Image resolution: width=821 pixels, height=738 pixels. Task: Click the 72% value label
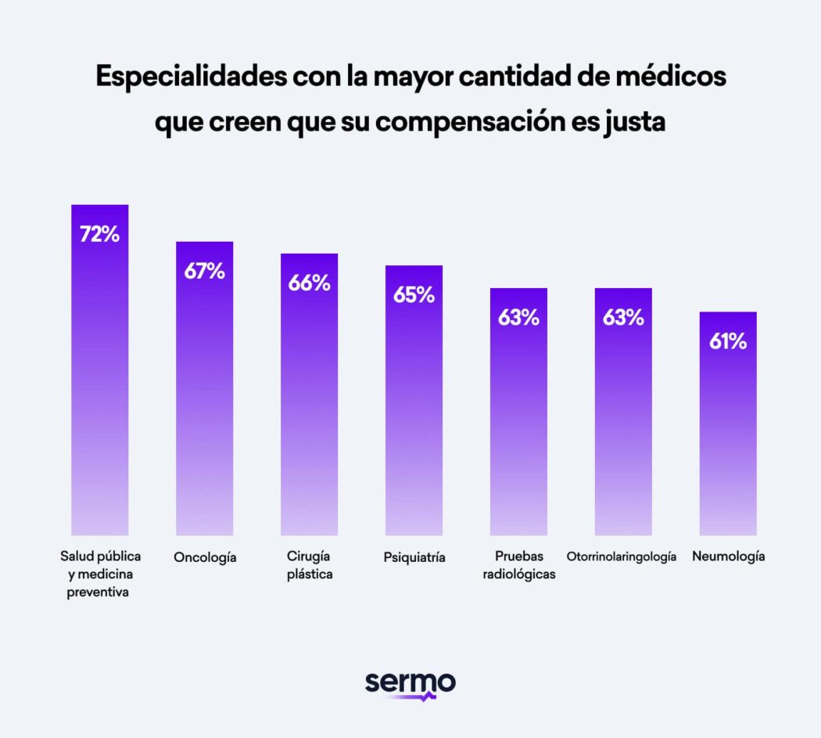pyautogui.click(x=99, y=234)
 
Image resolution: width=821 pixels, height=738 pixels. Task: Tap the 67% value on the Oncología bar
pyautogui.click(x=204, y=271)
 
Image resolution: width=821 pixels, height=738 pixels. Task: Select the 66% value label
pyautogui.click(x=309, y=283)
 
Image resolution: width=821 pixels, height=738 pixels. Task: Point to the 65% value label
pyautogui.click(x=414, y=295)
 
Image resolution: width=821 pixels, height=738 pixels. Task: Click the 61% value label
pyautogui.click(x=727, y=341)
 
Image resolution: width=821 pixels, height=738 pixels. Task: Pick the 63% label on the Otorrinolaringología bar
pyautogui.click(x=623, y=318)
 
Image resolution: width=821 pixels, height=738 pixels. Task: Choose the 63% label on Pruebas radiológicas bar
pyautogui.click(x=518, y=318)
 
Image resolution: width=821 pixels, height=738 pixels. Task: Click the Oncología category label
pyautogui.click(x=205, y=557)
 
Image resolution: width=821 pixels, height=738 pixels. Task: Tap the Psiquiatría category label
pyautogui.click(x=414, y=557)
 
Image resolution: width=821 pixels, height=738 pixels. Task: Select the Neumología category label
pyautogui.click(x=728, y=557)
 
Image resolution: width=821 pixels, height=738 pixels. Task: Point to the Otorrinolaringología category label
pyautogui.click(x=621, y=557)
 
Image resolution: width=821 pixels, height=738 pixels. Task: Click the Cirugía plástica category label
pyautogui.click(x=309, y=565)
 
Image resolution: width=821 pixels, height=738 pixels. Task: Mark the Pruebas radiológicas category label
pyautogui.click(x=518, y=565)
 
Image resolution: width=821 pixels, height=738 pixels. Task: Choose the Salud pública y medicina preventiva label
pyautogui.click(x=100, y=574)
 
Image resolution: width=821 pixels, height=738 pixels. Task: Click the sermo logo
pyautogui.click(x=410, y=683)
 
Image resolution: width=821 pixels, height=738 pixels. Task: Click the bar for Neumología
pyautogui.click(x=727, y=438)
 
